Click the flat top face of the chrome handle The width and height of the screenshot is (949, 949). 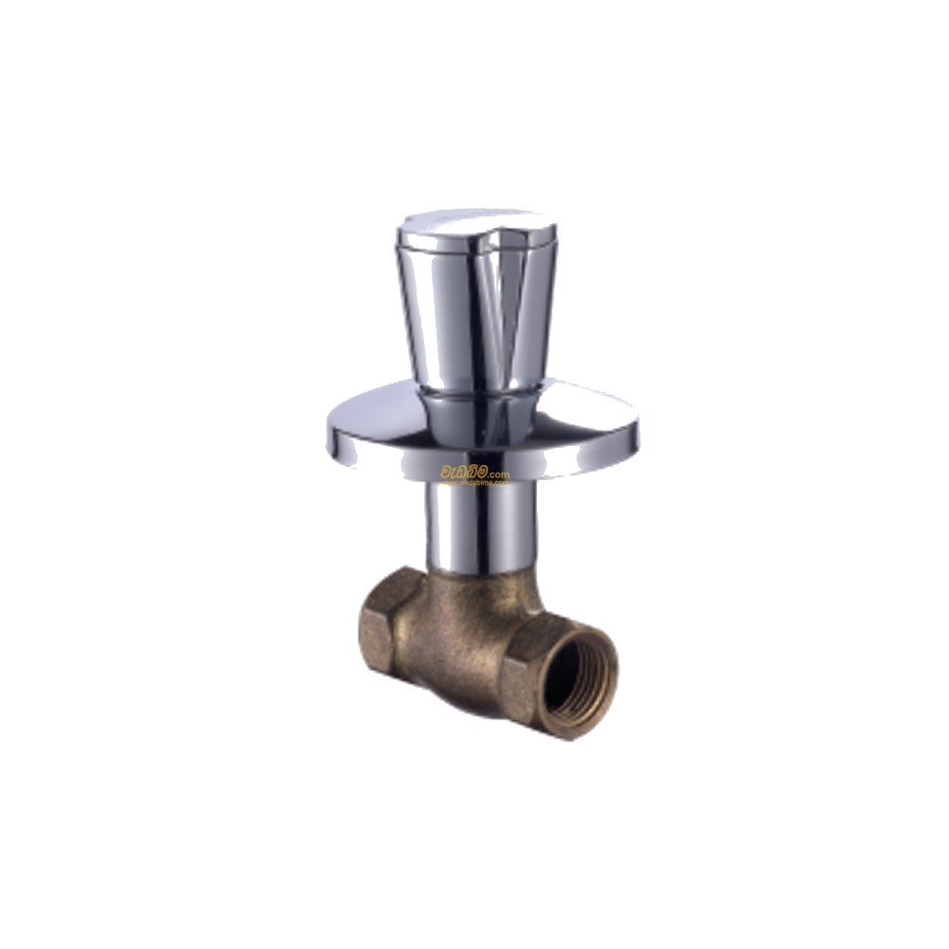pos(474,226)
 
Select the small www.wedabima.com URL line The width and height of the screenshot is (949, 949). pos(474,482)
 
